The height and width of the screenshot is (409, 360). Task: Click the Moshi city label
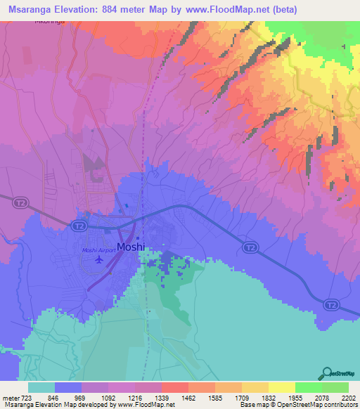[131, 247]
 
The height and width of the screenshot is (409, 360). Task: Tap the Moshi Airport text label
[98, 251]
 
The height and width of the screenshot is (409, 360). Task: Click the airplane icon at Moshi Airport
[98, 261]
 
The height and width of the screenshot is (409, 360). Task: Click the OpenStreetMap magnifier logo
[327, 373]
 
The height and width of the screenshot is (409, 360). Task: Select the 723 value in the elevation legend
[26, 397]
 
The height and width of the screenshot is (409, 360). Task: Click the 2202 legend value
[349, 397]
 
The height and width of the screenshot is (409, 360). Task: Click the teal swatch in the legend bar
[41, 387]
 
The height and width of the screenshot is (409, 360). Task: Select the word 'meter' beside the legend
[10, 397]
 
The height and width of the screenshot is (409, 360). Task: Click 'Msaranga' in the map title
[29, 9]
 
